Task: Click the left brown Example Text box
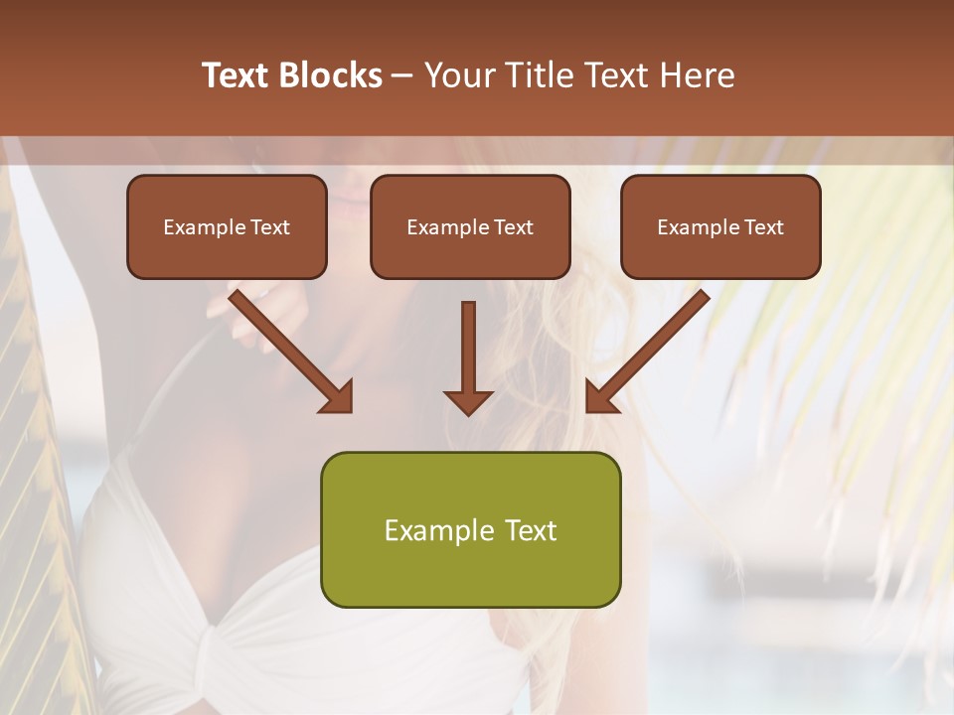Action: tap(227, 227)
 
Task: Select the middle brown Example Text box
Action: tap(470, 227)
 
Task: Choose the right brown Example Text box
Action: tap(720, 227)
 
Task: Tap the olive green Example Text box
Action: tap(470, 529)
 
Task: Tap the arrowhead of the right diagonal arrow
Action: tap(601, 396)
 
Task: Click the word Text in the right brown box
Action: tap(763, 227)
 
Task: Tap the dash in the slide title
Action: tap(402, 75)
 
